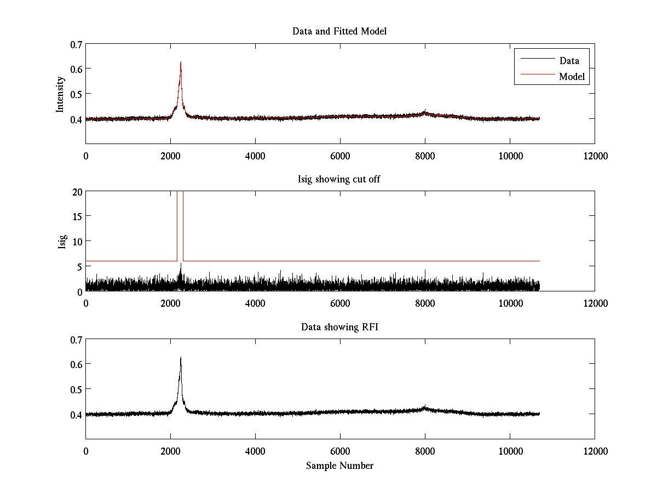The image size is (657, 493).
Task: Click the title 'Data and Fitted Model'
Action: (x=339, y=31)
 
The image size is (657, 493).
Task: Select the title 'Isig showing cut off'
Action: (x=339, y=180)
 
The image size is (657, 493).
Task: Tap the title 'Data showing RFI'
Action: (x=339, y=327)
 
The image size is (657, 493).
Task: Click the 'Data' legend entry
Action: (x=569, y=61)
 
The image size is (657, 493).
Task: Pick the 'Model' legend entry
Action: (x=572, y=77)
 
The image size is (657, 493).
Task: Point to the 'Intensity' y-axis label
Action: (x=61, y=94)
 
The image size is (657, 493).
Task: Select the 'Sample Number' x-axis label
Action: (x=339, y=466)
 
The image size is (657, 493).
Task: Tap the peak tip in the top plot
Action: (x=181, y=62)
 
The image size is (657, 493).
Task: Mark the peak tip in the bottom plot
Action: (x=181, y=358)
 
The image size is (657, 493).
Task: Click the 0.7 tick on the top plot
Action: (x=76, y=44)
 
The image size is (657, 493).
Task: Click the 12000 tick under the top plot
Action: (x=595, y=156)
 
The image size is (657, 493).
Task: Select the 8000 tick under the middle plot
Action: (x=425, y=303)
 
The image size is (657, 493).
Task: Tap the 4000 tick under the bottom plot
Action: (x=255, y=451)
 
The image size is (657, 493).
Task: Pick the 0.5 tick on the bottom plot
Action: (x=76, y=389)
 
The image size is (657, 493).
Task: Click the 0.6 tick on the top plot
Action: (x=76, y=69)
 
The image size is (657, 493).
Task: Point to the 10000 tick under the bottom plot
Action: (x=510, y=451)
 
